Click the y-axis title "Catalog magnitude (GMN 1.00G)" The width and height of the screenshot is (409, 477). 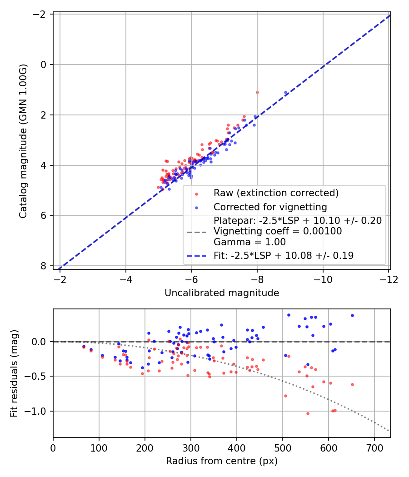[23, 141]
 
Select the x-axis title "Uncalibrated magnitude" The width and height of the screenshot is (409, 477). [222, 293]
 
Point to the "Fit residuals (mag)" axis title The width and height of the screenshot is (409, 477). [14, 373]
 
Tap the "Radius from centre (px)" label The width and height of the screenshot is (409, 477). [222, 461]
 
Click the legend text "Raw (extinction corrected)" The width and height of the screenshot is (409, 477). [276, 193]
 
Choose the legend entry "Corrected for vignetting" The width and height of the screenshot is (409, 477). [270, 207]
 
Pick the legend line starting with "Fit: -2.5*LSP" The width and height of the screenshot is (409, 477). [284, 255]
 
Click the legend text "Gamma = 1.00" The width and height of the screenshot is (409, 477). [250, 242]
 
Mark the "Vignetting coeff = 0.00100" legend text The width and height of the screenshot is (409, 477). [278, 231]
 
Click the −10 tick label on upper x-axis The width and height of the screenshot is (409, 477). [323, 279]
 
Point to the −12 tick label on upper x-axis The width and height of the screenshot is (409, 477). [389, 279]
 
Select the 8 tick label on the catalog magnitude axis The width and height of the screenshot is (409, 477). [43, 266]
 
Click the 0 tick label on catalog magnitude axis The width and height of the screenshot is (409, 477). [43, 65]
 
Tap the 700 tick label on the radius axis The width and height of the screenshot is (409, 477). [374, 448]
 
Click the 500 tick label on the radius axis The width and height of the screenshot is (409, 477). [282, 448]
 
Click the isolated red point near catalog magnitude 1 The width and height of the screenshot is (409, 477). [258, 93]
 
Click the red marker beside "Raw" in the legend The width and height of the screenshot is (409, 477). [197, 194]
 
